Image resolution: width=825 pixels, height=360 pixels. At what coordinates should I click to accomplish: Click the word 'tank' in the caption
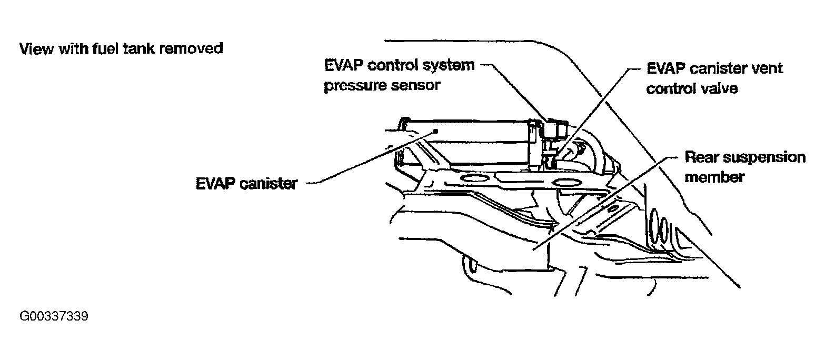pyautogui.click(x=138, y=49)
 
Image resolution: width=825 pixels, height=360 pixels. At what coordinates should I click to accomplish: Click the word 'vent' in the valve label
pyautogui.click(x=768, y=68)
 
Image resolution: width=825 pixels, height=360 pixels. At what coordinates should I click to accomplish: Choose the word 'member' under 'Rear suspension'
pyautogui.click(x=714, y=176)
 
